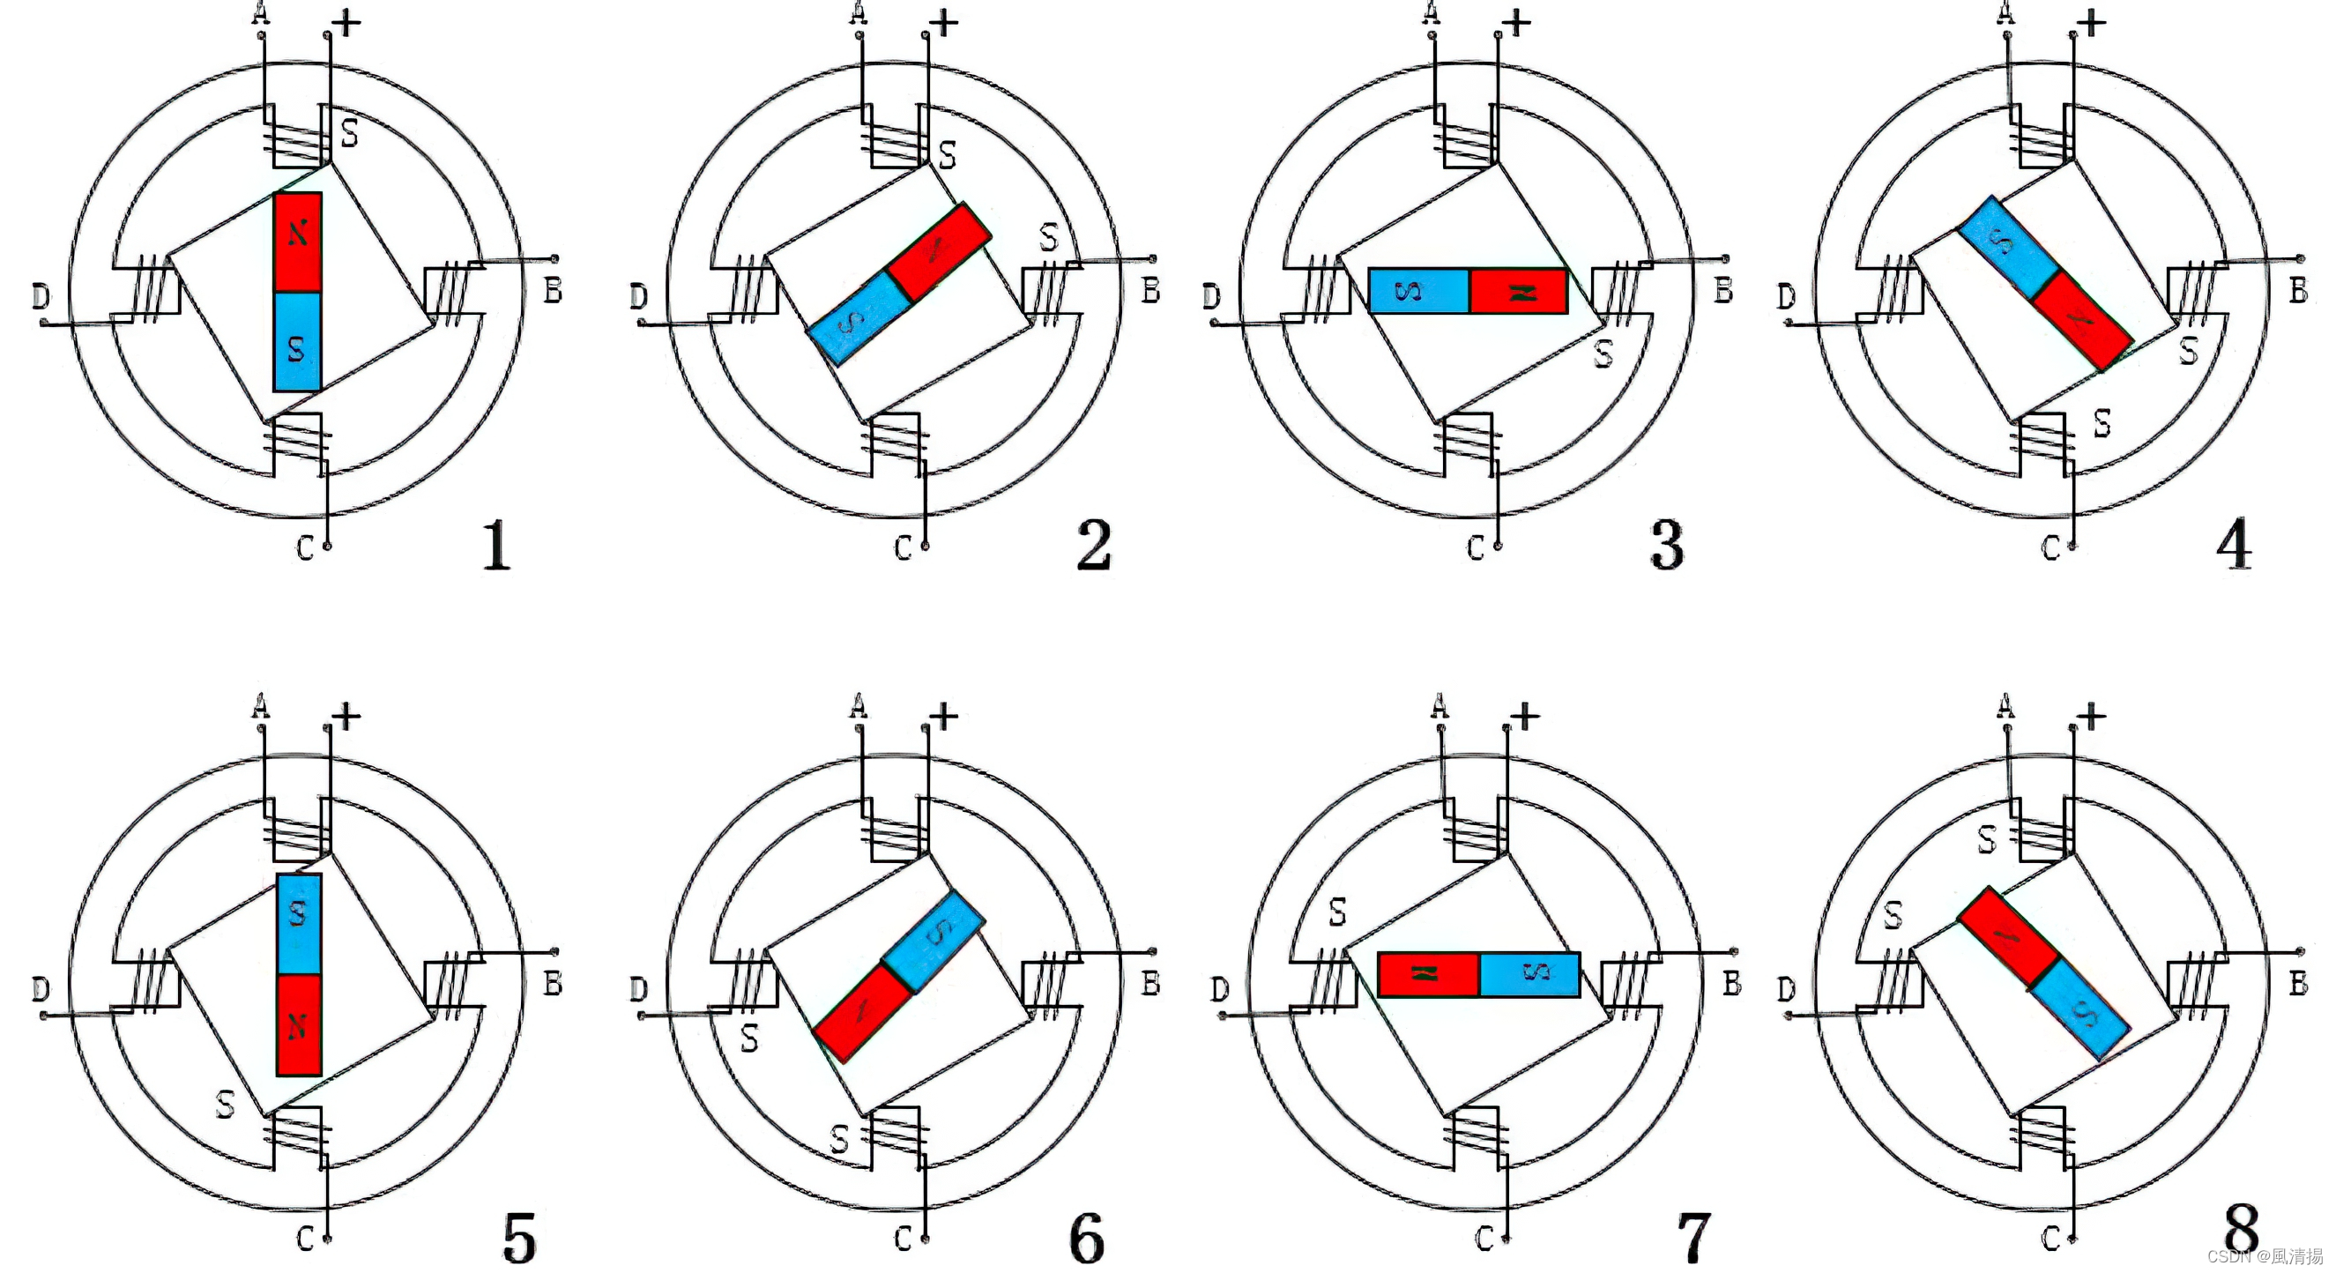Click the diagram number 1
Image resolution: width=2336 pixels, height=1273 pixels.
click(x=495, y=545)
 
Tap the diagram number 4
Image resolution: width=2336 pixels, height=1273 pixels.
click(x=2234, y=545)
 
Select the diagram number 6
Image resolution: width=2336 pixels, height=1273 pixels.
click(x=1087, y=1239)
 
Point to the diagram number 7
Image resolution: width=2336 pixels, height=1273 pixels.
click(x=1692, y=1239)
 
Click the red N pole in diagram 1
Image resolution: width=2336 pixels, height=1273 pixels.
click(x=297, y=241)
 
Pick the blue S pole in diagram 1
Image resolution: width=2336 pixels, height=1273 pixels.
click(x=297, y=342)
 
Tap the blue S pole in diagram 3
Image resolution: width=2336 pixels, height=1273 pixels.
click(x=1417, y=291)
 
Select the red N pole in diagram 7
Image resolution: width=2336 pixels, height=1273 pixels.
click(x=1428, y=975)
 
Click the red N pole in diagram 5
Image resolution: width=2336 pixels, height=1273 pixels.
click(x=298, y=1024)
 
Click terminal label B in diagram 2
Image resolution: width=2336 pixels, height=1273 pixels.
click(x=1149, y=291)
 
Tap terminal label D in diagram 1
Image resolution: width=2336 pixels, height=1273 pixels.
click(x=41, y=296)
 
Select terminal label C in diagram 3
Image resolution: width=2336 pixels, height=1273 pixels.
click(x=1476, y=548)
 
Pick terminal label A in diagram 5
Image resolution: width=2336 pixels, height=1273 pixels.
click(x=260, y=705)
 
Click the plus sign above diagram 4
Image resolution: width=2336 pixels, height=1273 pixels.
click(x=2091, y=23)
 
